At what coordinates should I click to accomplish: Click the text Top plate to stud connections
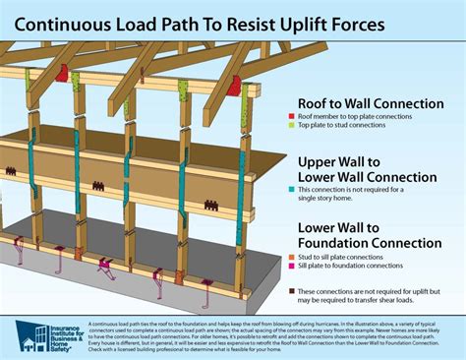click(359, 126)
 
